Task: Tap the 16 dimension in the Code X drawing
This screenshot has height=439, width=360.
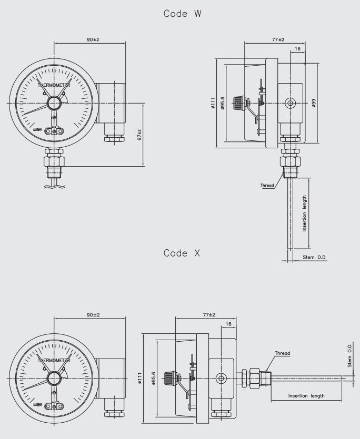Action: pyautogui.click(x=228, y=324)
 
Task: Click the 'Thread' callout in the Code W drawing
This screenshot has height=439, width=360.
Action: pyautogui.click(x=267, y=185)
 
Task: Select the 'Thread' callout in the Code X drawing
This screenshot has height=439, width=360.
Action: pyautogui.click(x=282, y=353)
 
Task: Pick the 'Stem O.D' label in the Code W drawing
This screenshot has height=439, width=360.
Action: pyautogui.click(x=314, y=257)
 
